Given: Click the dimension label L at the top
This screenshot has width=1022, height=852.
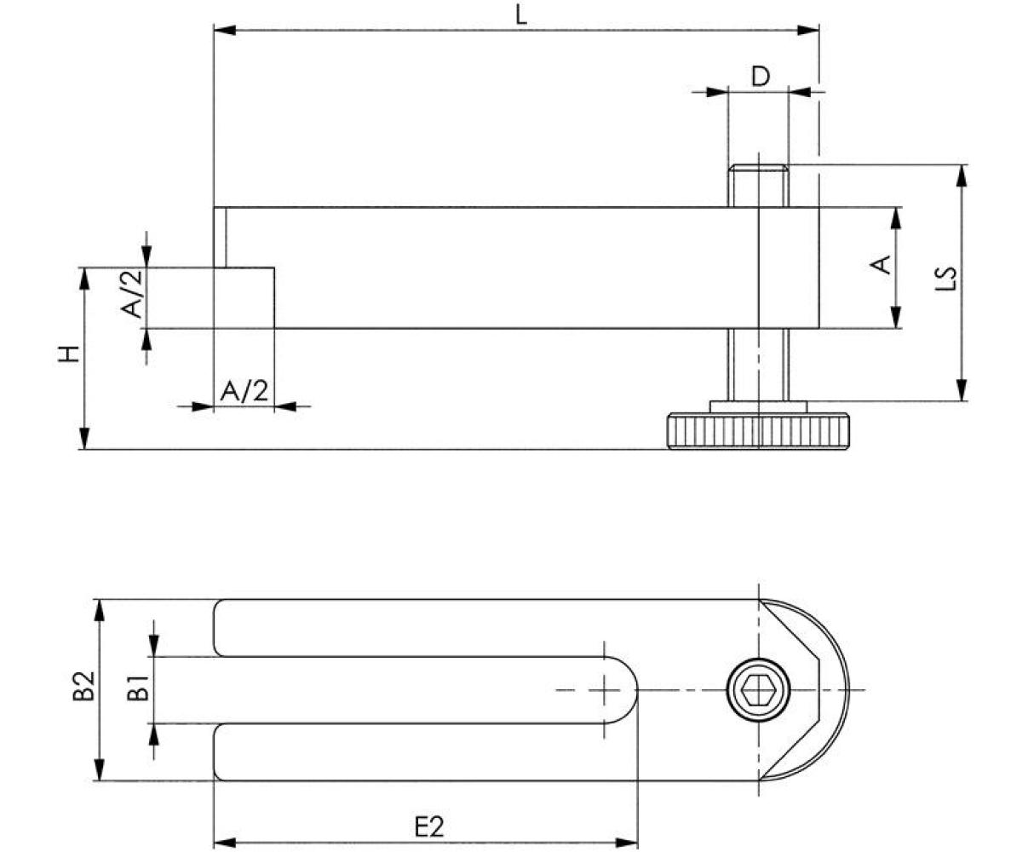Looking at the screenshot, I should tap(521, 14).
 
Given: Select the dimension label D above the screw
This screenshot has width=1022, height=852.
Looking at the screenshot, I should tap(760, 77).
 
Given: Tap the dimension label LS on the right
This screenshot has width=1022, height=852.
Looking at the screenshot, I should tap(946, 279).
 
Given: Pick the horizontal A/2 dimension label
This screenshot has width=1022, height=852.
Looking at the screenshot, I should tap(244, 391).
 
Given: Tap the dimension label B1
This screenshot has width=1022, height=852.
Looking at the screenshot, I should tap(138, 687).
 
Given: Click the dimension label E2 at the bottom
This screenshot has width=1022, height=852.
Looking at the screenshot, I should tap(428, 826).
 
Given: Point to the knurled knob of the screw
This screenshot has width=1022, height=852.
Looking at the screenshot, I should tap(758, 431).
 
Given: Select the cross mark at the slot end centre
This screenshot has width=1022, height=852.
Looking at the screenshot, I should tap(604, 689).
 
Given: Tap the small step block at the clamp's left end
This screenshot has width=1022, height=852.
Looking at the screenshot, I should tap(244, 297).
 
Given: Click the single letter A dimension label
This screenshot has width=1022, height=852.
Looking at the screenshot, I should tap(883, 264).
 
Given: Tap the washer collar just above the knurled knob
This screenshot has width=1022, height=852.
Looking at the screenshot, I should tap(758, 406).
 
